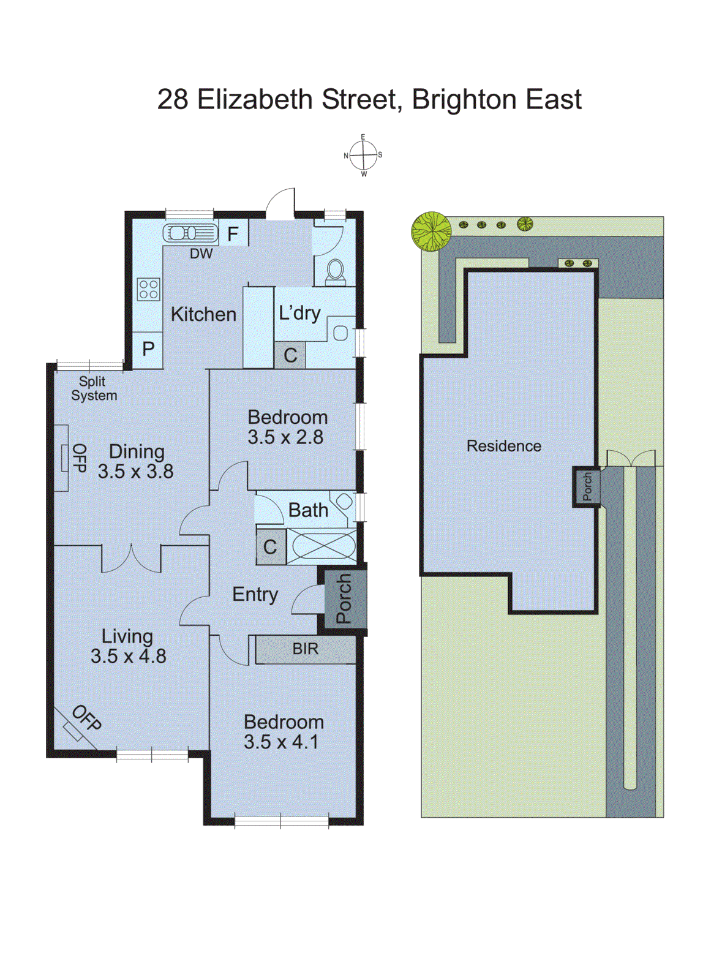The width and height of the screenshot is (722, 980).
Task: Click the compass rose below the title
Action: [x=363, y=156]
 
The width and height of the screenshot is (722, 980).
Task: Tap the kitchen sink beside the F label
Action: [x=190, y=233]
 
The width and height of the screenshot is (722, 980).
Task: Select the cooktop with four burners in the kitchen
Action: [x=148, y=288]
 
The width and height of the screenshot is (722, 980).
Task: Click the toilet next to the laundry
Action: [x=335, y=270]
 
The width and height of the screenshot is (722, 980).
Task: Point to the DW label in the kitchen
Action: [x=201, y=254]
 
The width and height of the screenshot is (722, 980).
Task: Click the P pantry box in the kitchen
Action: [x=148, y=349]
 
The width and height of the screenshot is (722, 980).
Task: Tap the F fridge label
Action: [x=233, y=234]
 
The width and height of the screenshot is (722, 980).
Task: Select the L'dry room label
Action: [x=299, y=314]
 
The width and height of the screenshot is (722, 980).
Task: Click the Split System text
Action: [x=94, y=389]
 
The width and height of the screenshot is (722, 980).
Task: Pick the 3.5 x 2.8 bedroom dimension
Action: [x=285, y=437]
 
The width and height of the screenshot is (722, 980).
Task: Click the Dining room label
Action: [x=137, y=451]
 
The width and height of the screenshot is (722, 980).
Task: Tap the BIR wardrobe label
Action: [x=305, y=649]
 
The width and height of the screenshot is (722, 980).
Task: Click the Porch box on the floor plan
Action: [x=344, y=598]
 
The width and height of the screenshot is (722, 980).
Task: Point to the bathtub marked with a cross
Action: [x=322, y=546]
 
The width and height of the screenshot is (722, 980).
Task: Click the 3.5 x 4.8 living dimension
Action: [x=129, y=657]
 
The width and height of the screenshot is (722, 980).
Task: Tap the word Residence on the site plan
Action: [x=503, y=446]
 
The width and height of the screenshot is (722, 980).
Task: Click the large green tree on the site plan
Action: [x=431, y=231]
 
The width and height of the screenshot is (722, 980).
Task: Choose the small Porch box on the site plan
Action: [x=587, y=486]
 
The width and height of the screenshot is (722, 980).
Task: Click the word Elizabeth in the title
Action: [x=254, y=100]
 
